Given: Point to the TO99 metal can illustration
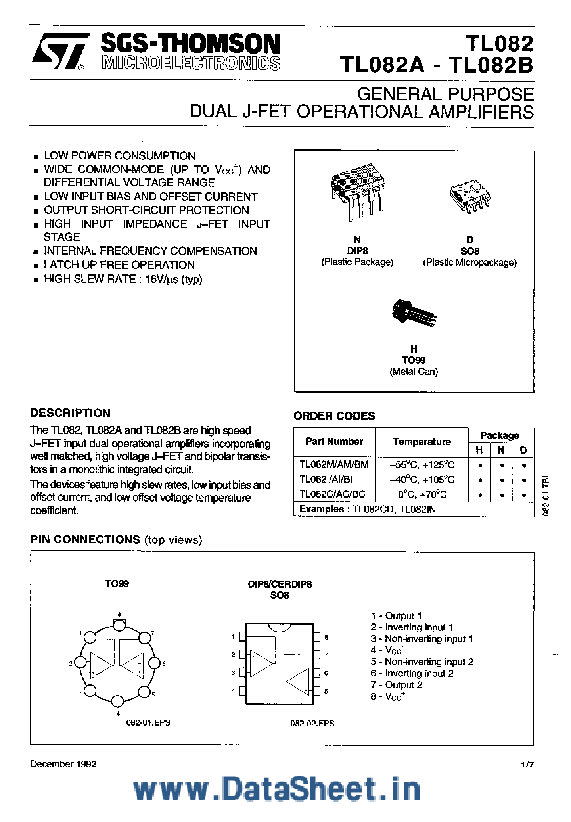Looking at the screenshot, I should [414, 313].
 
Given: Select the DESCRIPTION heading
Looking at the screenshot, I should [70, 413].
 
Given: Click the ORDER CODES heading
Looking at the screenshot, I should [334, 416].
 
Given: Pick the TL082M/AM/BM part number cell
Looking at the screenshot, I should [333, 464].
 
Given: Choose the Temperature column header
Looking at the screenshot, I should [422, 442].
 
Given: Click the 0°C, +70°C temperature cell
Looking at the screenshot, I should [422, 494].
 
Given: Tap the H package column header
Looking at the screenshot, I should [479, 450].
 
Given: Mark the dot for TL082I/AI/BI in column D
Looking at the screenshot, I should [524, 480].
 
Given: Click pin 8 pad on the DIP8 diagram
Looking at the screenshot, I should [316, 637].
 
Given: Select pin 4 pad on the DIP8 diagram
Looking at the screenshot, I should [243, 691].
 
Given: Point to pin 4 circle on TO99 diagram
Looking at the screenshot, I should [117, 701].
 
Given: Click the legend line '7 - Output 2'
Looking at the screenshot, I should [397, 685].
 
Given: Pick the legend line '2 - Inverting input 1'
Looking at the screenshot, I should [412, 627].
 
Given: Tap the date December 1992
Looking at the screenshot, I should [63, 764].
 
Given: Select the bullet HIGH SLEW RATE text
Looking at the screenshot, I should [123, 279].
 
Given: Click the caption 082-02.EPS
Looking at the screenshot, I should [312, 723].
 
